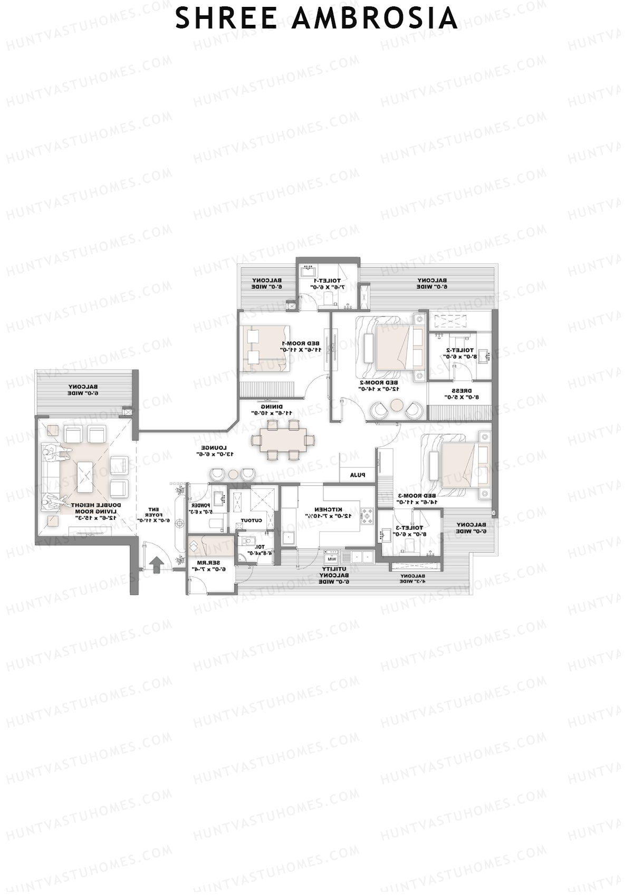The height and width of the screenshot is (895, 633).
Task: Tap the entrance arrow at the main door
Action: click(x=156, y=564)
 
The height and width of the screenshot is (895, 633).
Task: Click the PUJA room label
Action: click(x=358, y=475)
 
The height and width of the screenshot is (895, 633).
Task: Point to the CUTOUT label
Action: click(x=252, y=521)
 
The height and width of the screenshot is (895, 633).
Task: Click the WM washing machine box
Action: click(x=332, y=559)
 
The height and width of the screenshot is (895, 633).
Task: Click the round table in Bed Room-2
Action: click(x=396, y=406)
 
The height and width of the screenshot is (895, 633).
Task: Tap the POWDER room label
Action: click(x=201, y=508)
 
